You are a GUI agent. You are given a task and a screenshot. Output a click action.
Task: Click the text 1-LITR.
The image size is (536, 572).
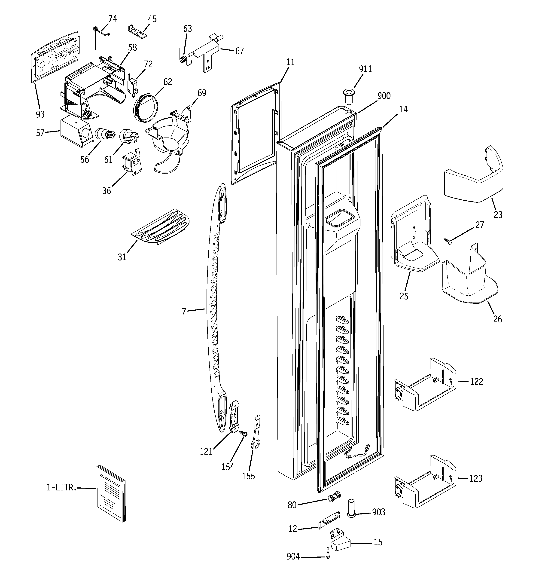[x=61, y=487]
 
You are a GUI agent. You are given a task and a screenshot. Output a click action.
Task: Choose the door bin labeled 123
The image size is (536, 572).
[x=425, y=481]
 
